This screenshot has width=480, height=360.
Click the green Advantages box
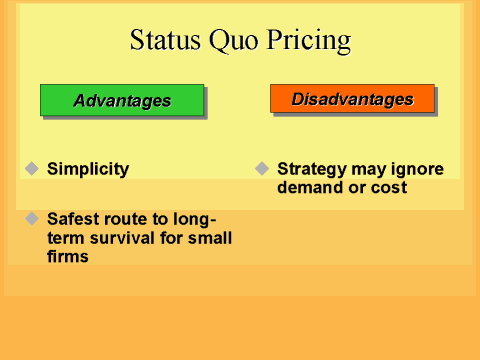[x=122, y=100]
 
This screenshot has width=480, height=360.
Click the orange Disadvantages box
[x=352, y=99]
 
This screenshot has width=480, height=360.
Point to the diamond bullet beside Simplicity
[x=31, y=168]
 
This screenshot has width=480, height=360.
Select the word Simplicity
[x=88, y=169]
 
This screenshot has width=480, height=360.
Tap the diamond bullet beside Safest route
[x=31, y=218]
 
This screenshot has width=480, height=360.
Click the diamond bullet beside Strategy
[x=262, y=168]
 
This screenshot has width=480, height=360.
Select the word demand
[x=309, y=188]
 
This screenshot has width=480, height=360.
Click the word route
[x=131, y=219]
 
